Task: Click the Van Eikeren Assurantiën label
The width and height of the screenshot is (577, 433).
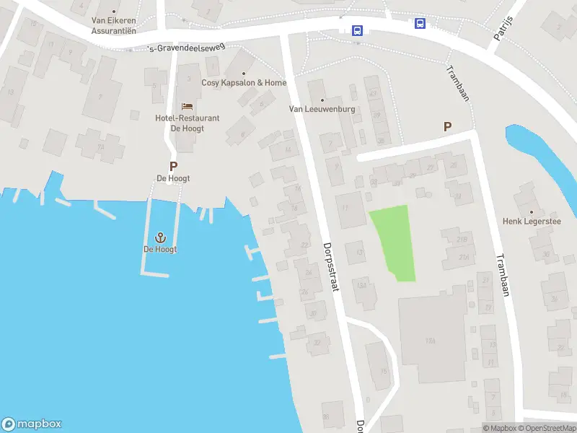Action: point(113,26)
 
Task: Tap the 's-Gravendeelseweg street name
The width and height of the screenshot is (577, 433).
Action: point(186,48)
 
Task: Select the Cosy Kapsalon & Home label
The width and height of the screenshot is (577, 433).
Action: point(244,83)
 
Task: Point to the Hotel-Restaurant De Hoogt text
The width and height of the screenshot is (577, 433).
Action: point(187,123)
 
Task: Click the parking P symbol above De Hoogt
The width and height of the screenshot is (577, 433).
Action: point(173,166)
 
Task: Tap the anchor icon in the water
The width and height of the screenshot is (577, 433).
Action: point(160,237)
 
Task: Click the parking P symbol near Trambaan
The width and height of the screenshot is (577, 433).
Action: point(447,126)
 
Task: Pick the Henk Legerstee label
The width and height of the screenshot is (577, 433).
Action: point(531,221)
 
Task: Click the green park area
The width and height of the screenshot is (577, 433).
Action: point(393,242)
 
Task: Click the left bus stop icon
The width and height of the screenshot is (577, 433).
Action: point(356,30)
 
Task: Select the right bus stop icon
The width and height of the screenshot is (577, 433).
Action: point(420,23)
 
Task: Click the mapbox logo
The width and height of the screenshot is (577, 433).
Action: point(32,424)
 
